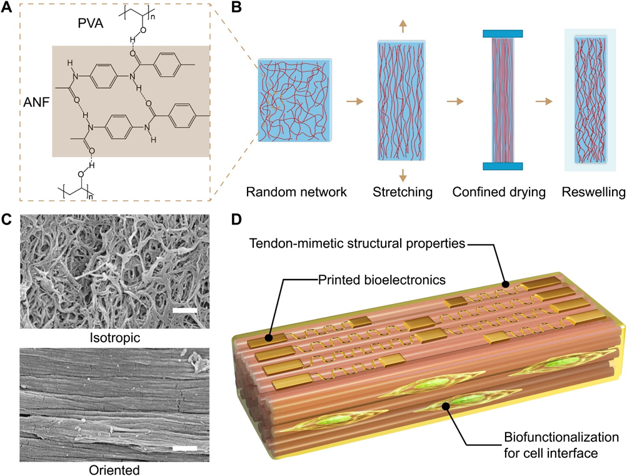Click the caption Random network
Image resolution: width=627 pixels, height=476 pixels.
coord(296,192)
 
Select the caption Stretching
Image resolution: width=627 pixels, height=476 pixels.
coord(402,192)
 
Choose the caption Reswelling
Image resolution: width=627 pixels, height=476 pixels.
coord(593,192)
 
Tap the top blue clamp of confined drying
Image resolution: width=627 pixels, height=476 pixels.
coord(499,33)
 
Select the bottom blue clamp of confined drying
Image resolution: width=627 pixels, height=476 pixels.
coord(499,166)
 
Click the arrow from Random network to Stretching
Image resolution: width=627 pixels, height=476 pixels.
coord(354,100)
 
